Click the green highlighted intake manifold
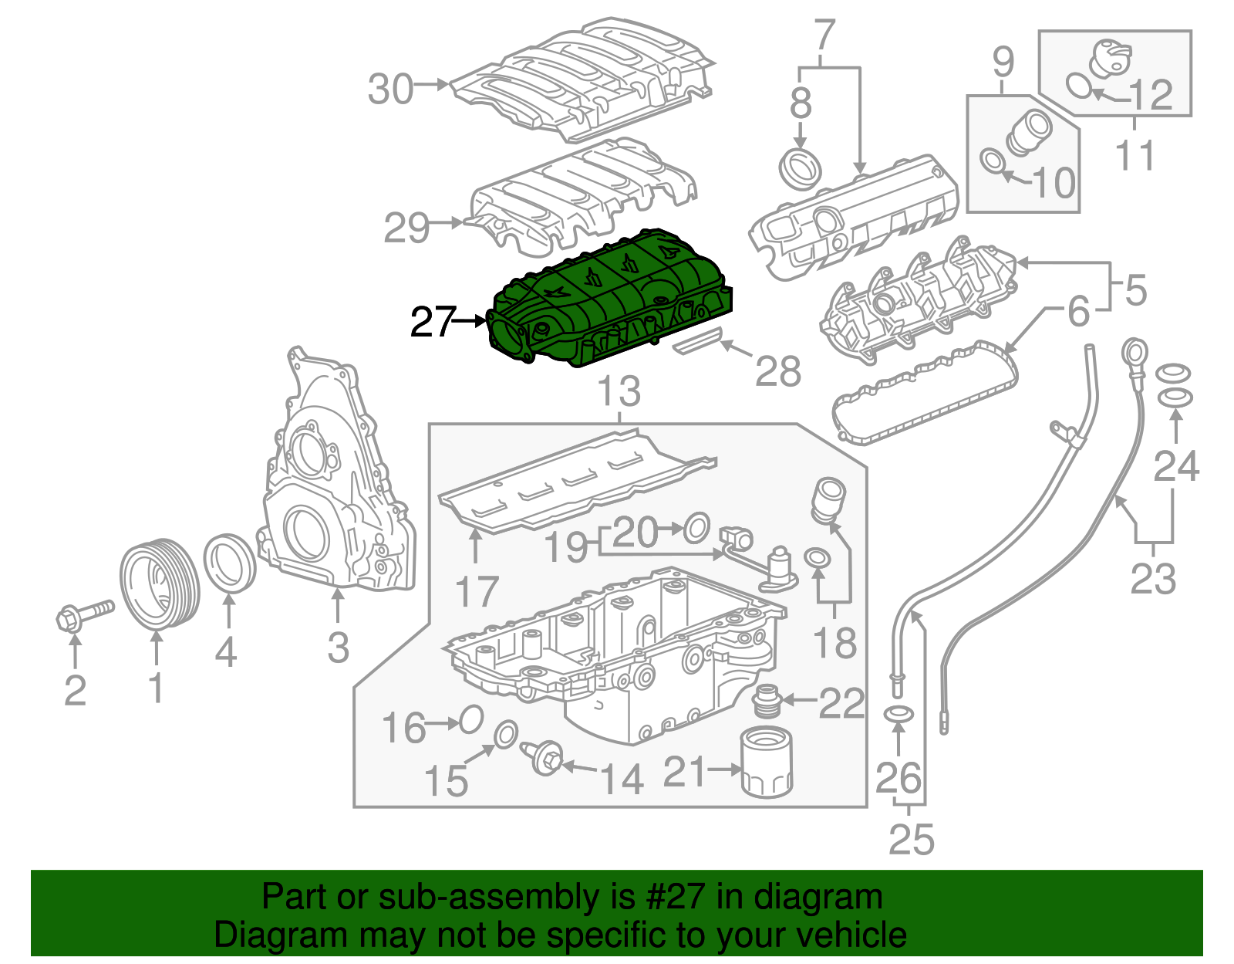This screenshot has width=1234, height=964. click(609, 301)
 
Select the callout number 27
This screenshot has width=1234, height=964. click(433, 322)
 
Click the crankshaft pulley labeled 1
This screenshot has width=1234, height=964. click(160, 584)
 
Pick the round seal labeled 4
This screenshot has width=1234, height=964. click(229, 563)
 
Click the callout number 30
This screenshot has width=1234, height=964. click(390, 89)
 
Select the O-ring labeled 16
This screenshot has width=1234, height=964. click(470, 720)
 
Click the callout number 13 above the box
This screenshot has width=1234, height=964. click(619, 391)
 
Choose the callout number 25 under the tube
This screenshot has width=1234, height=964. click(911, 839)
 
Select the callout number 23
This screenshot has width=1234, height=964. click(1153, 579)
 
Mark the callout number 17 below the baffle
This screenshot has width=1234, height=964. click(477, 592)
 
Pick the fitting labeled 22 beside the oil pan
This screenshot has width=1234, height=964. click(767, 700)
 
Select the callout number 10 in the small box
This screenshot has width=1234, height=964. click(1053, 183)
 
